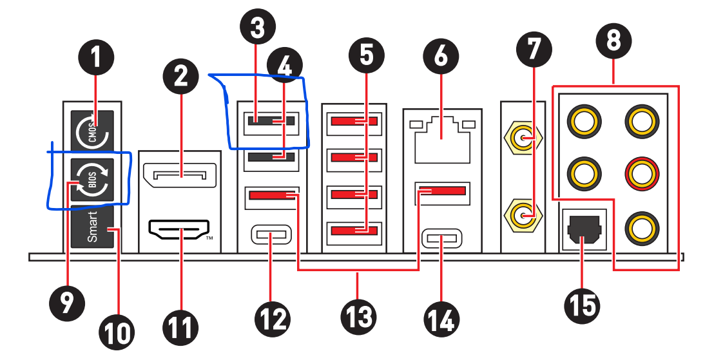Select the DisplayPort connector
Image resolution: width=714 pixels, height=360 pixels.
pyautogui.click(x=181, y=174)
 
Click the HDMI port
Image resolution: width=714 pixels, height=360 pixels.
pyautogui.click(x=181, y=230)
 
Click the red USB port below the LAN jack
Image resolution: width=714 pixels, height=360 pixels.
pyautogui.click(x=441, y=191)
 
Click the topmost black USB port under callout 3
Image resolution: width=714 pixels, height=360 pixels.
pyautogui.click(x=271, y=120)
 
